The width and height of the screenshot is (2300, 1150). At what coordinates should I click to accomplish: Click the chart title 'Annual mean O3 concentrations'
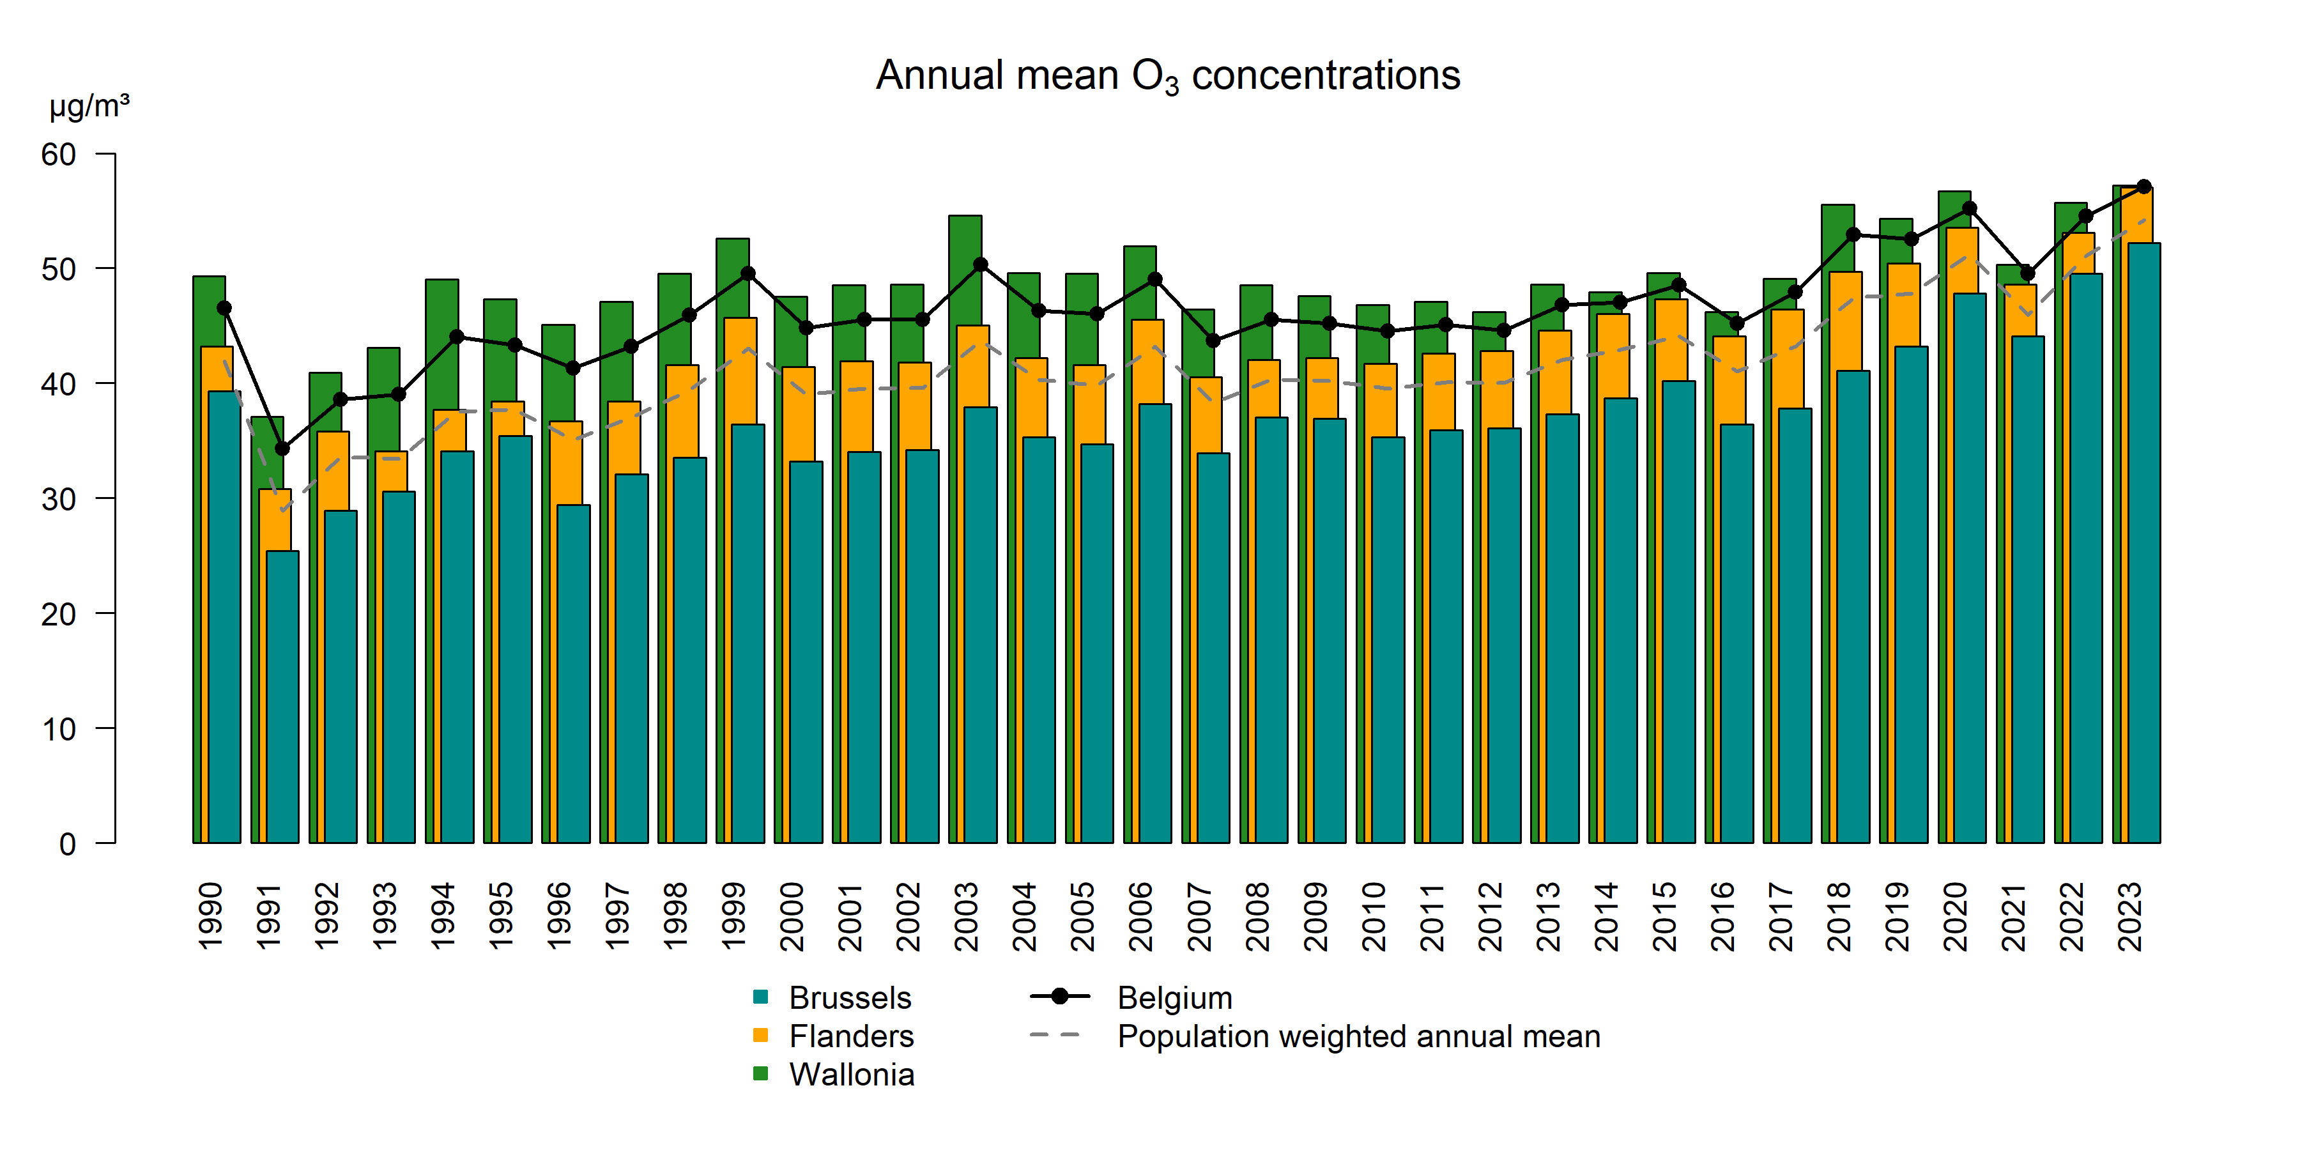[x=1167, y=76]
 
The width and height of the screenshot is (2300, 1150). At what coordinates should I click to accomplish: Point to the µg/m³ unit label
[x=89, y=106]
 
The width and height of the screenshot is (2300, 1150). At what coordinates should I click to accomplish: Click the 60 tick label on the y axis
[x=59, y=155]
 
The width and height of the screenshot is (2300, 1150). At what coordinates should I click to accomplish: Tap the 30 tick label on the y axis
[x=59, y=499]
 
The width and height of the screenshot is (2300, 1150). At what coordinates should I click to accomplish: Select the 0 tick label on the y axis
[x=68, y=844]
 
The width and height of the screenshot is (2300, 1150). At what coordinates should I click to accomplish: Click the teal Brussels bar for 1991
[x=283, y=696]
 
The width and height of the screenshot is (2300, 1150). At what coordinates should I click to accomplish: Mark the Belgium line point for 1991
[x=282, y=448]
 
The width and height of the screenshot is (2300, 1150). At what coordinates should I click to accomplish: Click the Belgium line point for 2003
[x=980, y=264]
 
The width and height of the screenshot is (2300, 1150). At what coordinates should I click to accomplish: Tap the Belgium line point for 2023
[x=2143, y=187]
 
